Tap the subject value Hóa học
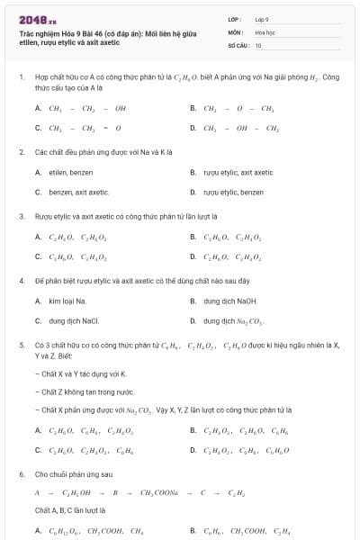point(265,31)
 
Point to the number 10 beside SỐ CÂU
point(258,44)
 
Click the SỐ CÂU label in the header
point(238,44)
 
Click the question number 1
point(20,78)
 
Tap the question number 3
point(20,216)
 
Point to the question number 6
point(20,473)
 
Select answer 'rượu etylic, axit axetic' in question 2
point(238,171)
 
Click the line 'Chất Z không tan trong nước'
point(85,392)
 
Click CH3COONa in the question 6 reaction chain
point(162,493)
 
